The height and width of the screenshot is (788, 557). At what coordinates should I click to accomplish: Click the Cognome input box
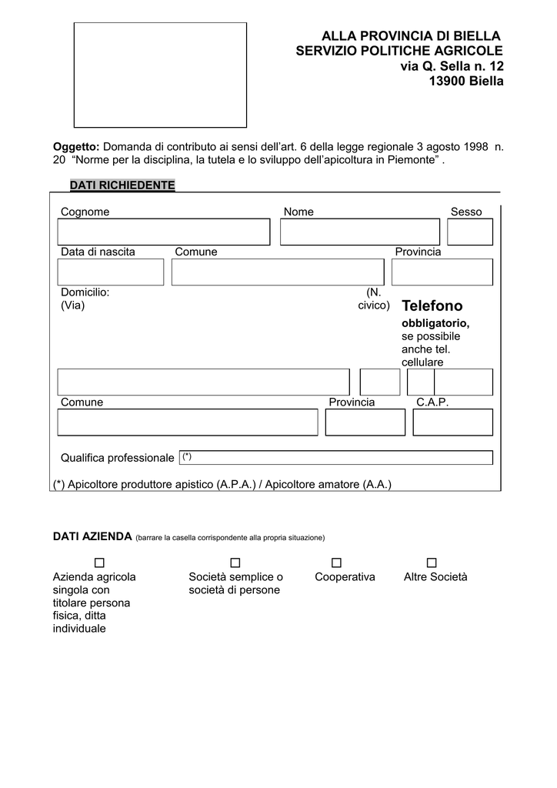tap(164, 232)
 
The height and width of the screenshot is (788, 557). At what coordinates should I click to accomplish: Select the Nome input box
tap(360, 232)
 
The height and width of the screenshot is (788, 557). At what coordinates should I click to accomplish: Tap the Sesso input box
tap(469, 232)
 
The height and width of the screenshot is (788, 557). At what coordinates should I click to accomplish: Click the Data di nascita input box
tap(111, 272)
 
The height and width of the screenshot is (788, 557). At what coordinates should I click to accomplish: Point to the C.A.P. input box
tap(452, 422)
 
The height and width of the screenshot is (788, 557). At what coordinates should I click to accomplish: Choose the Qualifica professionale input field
tap(335, 457)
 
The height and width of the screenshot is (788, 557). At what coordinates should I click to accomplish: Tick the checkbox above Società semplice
tap(235, 563)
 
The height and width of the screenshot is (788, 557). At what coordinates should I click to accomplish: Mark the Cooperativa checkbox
tap(336, 563)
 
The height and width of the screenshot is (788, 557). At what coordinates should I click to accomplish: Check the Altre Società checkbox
tap(431, 563)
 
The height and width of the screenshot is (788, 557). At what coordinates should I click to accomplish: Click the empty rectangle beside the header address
tap(160, 75)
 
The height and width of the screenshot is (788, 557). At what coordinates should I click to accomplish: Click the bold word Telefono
tap(432, 306)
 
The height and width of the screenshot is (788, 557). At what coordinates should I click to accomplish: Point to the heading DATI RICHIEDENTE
tap(122, 185)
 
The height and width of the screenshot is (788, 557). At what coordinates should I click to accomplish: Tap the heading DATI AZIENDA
tap(92, 536)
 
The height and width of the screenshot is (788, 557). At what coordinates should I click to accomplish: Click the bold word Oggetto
tap(76, 146)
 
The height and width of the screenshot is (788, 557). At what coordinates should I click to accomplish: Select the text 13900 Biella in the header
tap(465, 81)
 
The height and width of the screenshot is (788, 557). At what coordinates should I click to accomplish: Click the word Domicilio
tap(85, 292)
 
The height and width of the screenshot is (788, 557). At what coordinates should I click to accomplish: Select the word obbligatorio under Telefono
tap(435, 323)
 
